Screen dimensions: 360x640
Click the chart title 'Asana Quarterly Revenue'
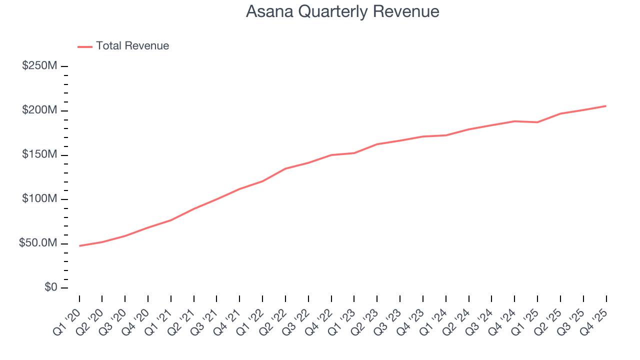(342, 11)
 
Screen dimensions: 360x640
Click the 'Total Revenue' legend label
(132, 46)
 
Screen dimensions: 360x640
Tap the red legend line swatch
(85, 46)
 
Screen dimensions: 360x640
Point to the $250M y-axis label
(39, 66)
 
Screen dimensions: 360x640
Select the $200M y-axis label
(39, 110)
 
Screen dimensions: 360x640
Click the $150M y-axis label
(39, 154)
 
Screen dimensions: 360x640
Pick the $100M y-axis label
(39, 199)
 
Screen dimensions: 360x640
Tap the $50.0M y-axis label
(37, 243)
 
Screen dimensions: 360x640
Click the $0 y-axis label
(50, 288)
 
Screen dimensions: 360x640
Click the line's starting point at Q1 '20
(79, 246)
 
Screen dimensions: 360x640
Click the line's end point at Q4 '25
(606, 106)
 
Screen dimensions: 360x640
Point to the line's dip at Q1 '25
(537, 122)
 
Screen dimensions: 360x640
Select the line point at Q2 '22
(285, 168)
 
